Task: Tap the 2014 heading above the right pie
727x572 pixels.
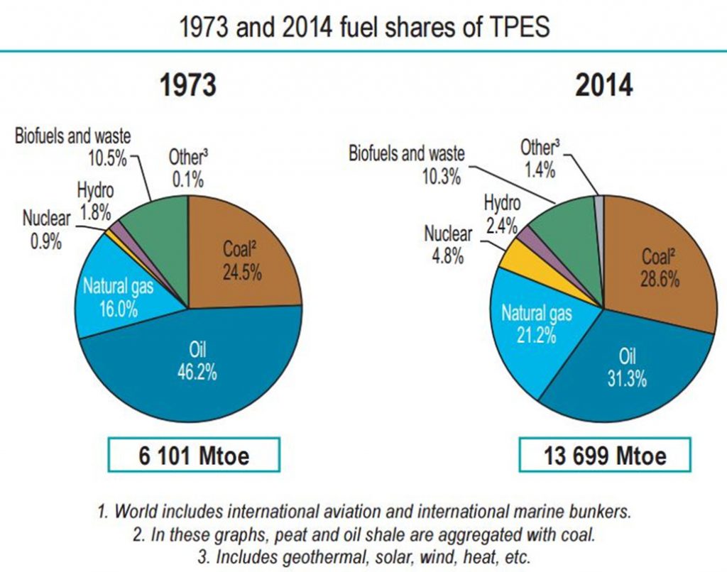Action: [603, 87]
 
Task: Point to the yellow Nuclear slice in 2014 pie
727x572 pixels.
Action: [512, 257]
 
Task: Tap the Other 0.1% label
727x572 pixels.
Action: [188, 167]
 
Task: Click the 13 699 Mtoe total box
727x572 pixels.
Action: [605, 456]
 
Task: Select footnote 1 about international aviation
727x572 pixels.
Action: [363, 511]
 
